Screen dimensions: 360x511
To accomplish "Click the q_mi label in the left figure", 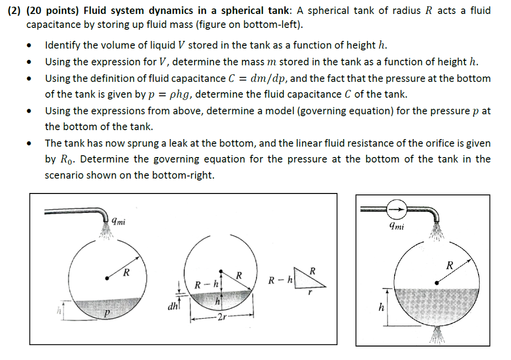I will pos(118,221).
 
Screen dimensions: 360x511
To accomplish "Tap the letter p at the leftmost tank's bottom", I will pos(106,313).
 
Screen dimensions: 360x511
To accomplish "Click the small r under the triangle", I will pos(309,294).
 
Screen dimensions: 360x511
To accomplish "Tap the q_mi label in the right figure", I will pos(397,227).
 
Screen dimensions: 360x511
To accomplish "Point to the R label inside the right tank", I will pos(450,265).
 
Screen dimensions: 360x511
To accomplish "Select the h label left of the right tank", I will pos(381,308).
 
